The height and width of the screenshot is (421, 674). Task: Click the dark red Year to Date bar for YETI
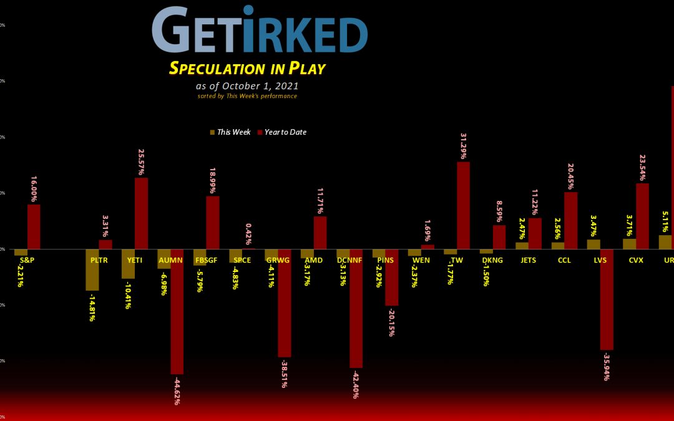pos(141,213)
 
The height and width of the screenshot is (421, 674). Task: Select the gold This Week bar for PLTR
pos(92,269)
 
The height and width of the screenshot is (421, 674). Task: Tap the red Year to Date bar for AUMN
pos(177,311)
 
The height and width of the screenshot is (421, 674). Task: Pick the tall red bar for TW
pos(463,205)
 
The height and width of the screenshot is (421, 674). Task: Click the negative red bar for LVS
pos(607,299)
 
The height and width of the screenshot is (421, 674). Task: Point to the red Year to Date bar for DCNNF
pos(356,308)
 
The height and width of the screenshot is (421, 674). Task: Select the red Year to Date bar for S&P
pos(34,226)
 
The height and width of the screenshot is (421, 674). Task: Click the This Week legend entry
pos(230,132)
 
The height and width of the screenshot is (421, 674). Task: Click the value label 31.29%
pos(463,147)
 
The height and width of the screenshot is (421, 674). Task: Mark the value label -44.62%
pos(177,390)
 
